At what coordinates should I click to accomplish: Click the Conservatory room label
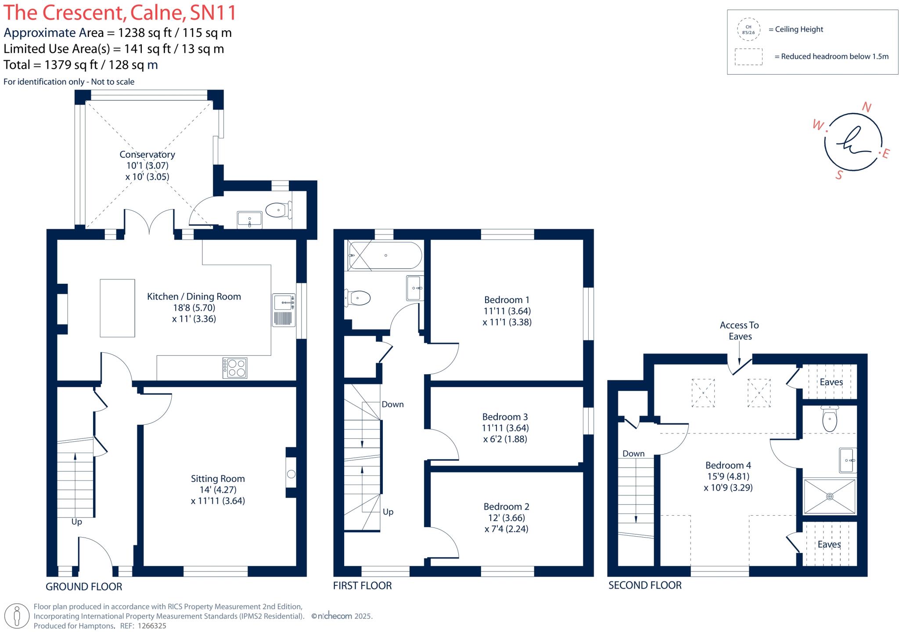(x=147, y=155)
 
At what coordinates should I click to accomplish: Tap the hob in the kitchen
(x=235, y=368)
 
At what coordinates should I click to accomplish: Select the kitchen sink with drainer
(x=284, y=310)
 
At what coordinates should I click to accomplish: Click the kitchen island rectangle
(x=117, y=308)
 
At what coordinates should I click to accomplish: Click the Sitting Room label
(x=218, y=479)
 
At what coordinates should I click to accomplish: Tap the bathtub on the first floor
(x=385, y=255)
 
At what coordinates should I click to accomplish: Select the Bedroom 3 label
(x=505, y=417)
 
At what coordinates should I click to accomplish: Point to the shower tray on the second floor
(x=829, y=496)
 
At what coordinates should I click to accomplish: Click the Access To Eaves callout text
(x=740, y=331)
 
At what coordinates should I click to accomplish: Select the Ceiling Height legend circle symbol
(x=748, y=29)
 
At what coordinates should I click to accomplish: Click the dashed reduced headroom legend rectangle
(x=748, y=57)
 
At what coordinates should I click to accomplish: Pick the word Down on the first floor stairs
(x=392, y=404)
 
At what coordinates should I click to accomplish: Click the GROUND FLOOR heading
(x=84, y=587)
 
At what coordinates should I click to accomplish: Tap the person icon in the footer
(x=17, y=616)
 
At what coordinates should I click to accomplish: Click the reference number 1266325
(x=152, y=626)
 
